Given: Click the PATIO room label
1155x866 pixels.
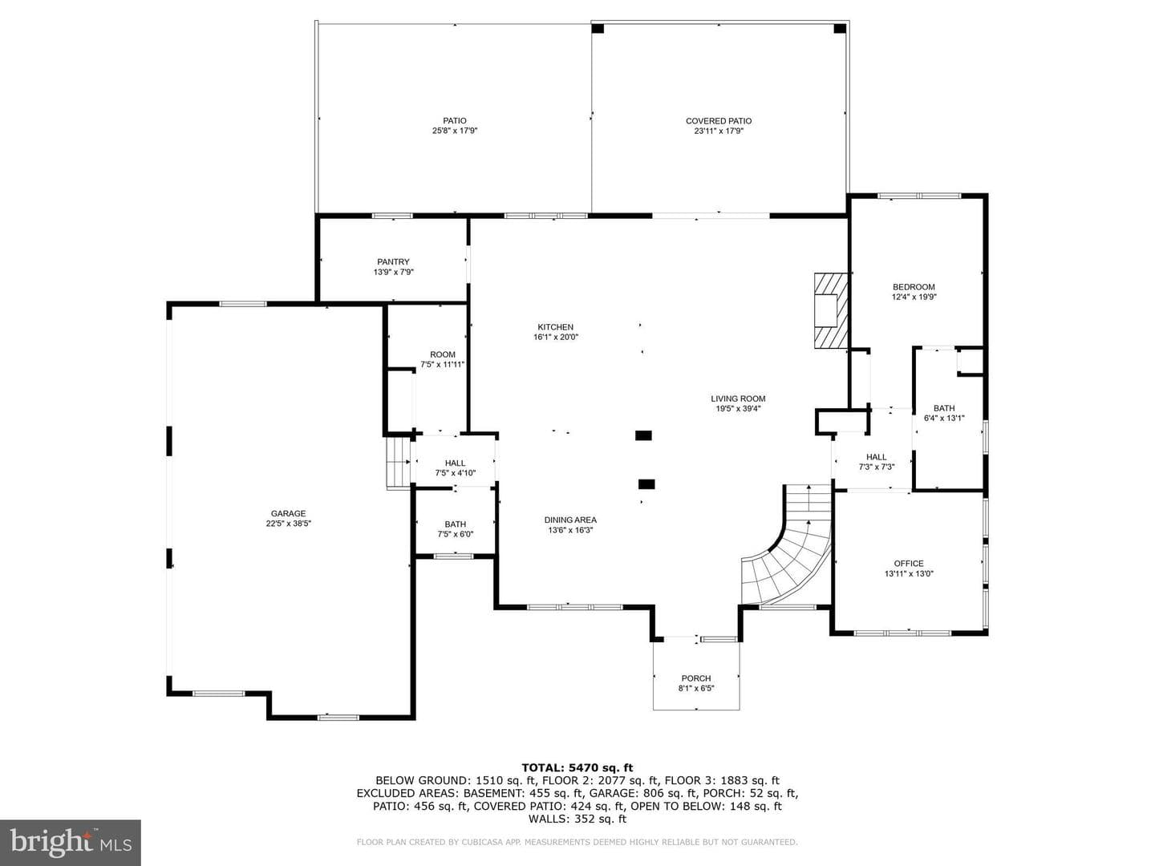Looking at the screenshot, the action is (x=454, y=121).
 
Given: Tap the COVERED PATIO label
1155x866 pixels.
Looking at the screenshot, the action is (x=718, y=121).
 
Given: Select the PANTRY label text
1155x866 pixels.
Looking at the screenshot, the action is (x=393, y=262).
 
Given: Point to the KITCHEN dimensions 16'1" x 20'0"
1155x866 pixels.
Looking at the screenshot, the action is (x=556, y=337).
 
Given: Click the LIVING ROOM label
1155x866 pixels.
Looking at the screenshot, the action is (x=738, y=399).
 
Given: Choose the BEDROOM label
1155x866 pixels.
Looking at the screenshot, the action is (x=914, y=287).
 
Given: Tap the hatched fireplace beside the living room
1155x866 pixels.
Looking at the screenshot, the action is (x=832, y=310).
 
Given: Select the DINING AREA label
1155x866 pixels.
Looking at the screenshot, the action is (x=570, y=520).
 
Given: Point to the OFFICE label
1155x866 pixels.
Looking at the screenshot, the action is (x=909, y=564).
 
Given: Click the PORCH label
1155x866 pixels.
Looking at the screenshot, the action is (x=696, y=678).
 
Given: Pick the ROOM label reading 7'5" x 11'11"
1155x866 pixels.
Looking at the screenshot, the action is (x=443, y=354).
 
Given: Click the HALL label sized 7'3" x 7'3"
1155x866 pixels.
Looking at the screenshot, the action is (x=876, y=457).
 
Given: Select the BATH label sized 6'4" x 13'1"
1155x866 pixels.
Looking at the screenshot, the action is (x=944, y=408).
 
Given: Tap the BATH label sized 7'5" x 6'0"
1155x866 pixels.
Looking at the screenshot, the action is (x=455, y=524).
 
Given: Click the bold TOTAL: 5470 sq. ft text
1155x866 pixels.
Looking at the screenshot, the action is (x=577, y=768).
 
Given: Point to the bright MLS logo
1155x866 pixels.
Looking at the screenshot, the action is (x=71, y=842).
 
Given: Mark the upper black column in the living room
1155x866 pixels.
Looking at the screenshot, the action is (x=643, y=435).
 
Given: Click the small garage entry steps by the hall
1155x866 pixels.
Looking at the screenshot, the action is (x=399, y=463).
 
